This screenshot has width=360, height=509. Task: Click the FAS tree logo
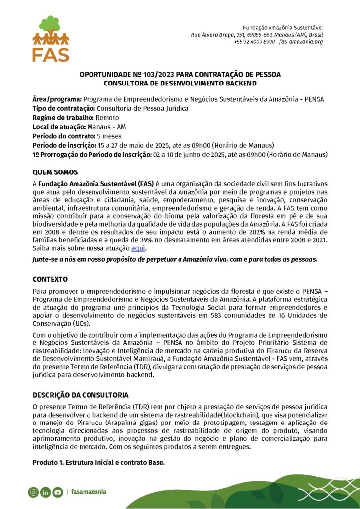coord(51,38)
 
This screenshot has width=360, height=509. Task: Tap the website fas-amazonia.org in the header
coord(301,42)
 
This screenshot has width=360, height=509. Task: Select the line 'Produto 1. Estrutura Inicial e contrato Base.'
coord(98,462)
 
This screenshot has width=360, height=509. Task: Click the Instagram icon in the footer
coord(33,492)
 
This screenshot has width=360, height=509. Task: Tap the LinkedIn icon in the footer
coord(45,492)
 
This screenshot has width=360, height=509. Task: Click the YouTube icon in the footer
coord(58,492)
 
